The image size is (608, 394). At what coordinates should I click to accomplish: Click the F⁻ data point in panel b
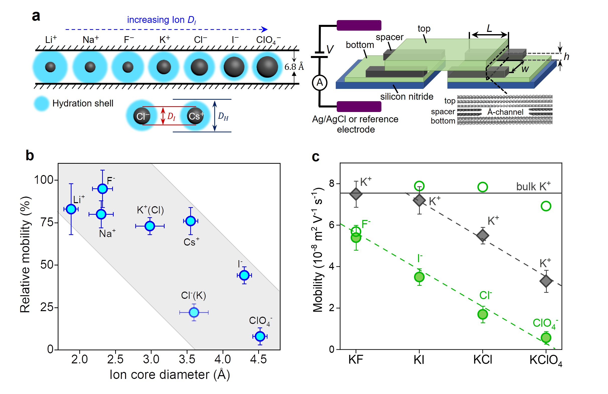click(x=102, y=189)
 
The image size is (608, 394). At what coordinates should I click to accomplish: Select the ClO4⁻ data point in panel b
click(x=260, y=336)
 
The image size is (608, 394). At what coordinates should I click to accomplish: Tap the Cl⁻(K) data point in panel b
click(x=194, y=312)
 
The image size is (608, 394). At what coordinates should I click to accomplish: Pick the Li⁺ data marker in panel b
click(x=71, y=209)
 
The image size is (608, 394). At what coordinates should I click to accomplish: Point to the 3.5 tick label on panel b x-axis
click(x=187, y=359)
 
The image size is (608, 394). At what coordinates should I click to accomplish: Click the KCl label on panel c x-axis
click(x=482, y=360)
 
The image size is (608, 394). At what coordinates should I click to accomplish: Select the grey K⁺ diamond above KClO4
click(x=546, y=281)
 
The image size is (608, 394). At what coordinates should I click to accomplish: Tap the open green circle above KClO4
click(x=546, y=206)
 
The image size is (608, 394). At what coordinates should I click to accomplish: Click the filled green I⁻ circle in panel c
click(x=419, y=277)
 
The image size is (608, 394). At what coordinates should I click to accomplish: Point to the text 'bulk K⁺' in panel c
click(x=533, y=186)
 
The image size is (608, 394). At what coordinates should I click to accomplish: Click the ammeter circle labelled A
click(x=320, y=83)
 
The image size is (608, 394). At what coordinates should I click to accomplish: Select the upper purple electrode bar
click(x=359, y=25)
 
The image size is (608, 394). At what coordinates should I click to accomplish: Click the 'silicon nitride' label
click(x=407, y=96)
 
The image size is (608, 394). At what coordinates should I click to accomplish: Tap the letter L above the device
click(x=489, y=28)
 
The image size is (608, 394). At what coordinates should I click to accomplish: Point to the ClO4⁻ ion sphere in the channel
click(x=267, y=67)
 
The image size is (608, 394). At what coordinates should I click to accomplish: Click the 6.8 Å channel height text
click(x=294, y=67)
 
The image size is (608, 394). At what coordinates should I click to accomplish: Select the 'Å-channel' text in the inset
click(x=505, y=112)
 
